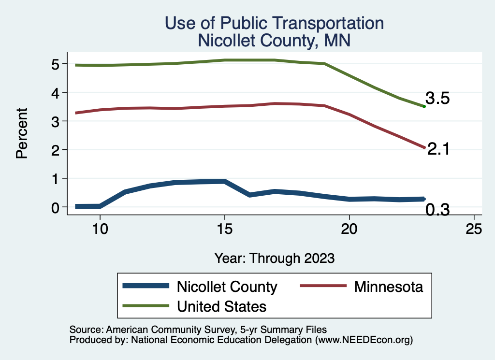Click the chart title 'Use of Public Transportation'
tap(274, 23)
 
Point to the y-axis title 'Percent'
tap(21, 135)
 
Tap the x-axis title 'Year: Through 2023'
tap(274, 258)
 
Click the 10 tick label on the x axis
tap(100, 229)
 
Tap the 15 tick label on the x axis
tap(225, 229)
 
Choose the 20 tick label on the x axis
tap(349, 229)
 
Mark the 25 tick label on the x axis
tap(474, 229)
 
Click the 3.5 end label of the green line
tap(437, 99)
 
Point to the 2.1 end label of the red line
tap(439, 149)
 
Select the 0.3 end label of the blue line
tap(437, 210)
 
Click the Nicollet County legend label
tap(227, 287)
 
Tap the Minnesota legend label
tap(388, 287)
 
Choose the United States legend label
tap(221, 306)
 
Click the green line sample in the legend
tap(146, 306)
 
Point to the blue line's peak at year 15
tap(225, 182)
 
